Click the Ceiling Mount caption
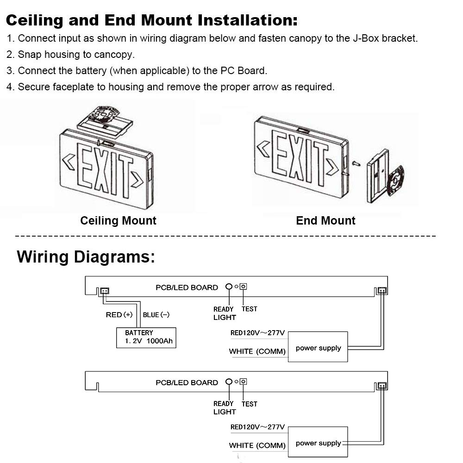pyautogui.click(x=118, y=220)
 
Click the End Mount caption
pyautogui.click(x=325, y=220)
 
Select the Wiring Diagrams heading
pyautogui.click(x=86, y=256)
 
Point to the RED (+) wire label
pyautogui.click(x=119, y=315)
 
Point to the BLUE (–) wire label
pyautogui.click(x=156, y=315)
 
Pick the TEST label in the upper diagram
pyautogui.click(x=249, y=309)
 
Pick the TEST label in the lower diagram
pyautogui.click(x=249, y=404)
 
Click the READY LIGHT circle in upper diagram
pyautogui.click(x=229, y=287)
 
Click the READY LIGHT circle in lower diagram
pyautogui.click(x=229, y=382)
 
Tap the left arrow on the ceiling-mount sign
pyautogui.click(x=69, y=162)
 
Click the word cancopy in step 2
pyautogui.click(x=116, y=55)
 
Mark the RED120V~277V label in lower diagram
pyautogui.click(x=257, y=427)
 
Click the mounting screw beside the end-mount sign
pyautogui.click(x=355, y=163)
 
